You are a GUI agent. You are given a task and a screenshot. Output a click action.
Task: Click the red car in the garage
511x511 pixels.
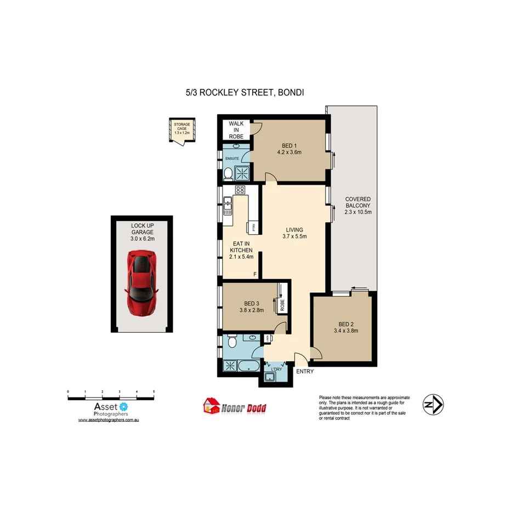[142, 282]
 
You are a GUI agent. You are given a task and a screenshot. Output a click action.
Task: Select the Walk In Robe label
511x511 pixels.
[236, 130]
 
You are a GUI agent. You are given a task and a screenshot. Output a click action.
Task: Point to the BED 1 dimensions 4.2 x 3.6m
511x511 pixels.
[289, 152]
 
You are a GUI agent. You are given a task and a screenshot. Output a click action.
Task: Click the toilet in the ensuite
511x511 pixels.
[228, 174]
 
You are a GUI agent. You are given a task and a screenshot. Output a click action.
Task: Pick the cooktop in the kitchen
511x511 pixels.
[240, 190]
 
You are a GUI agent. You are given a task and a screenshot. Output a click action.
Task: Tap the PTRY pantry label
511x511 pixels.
[254, 227]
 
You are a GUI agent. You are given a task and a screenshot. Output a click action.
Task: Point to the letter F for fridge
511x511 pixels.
[254, 274]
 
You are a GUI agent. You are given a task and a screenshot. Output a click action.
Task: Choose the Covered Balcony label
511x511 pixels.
[357, 206]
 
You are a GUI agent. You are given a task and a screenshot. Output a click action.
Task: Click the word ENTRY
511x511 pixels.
[305, 372]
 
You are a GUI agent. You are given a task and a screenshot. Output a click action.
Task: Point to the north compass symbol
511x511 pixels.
[433, 405]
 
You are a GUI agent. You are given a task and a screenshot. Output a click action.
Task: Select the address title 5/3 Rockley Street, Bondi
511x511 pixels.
[245, 93]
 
